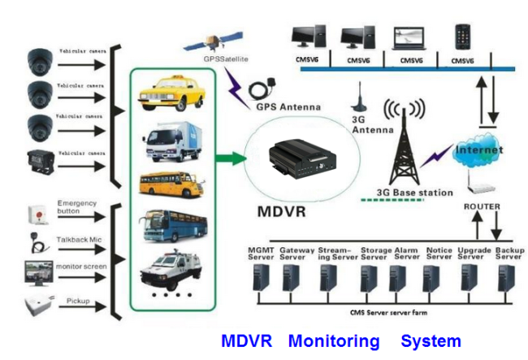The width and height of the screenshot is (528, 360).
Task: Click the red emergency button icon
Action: [x=35, y=213]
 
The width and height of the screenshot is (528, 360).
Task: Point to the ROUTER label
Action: [x=482, y=206]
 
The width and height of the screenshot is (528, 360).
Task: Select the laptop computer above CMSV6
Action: [x=408, y=38]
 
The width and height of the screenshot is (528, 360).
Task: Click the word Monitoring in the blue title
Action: [x=333, y=341]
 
